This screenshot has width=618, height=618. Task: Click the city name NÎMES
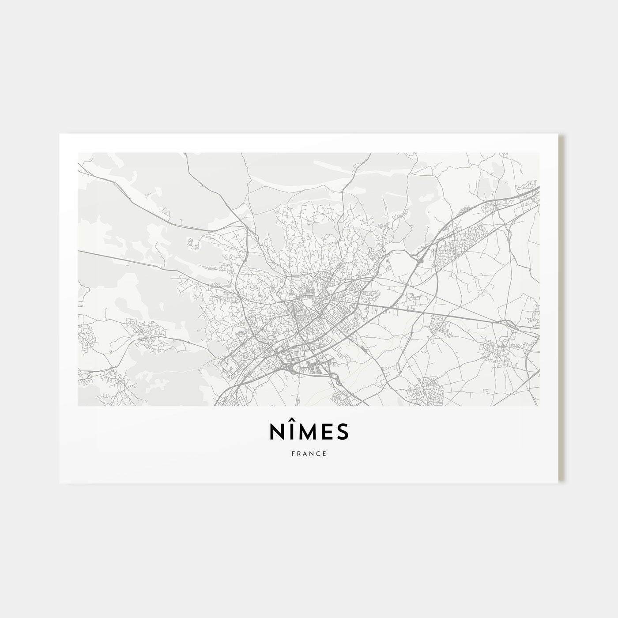[x=309, y=433]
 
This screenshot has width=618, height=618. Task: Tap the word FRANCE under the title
[x=309, y=453]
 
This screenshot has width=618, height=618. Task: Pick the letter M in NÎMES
[x=307, y=433]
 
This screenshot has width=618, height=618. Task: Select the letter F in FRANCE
[x=293, y=453]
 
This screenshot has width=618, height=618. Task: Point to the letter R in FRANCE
[x=299, y=453]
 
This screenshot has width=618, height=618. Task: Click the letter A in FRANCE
[x=305, y=453]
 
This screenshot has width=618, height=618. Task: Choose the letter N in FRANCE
[x=312, y=453]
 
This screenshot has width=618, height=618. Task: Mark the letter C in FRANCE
[x=318, y=453]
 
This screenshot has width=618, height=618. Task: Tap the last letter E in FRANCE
[x=324, y=453]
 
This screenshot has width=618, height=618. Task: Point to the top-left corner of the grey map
[x=78, y=153]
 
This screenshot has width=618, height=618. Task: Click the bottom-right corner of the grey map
[x=539, y=406]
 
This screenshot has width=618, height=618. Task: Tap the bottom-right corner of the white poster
[x=558, y=482]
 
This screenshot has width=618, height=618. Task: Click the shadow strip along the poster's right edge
[x=561, y=309]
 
